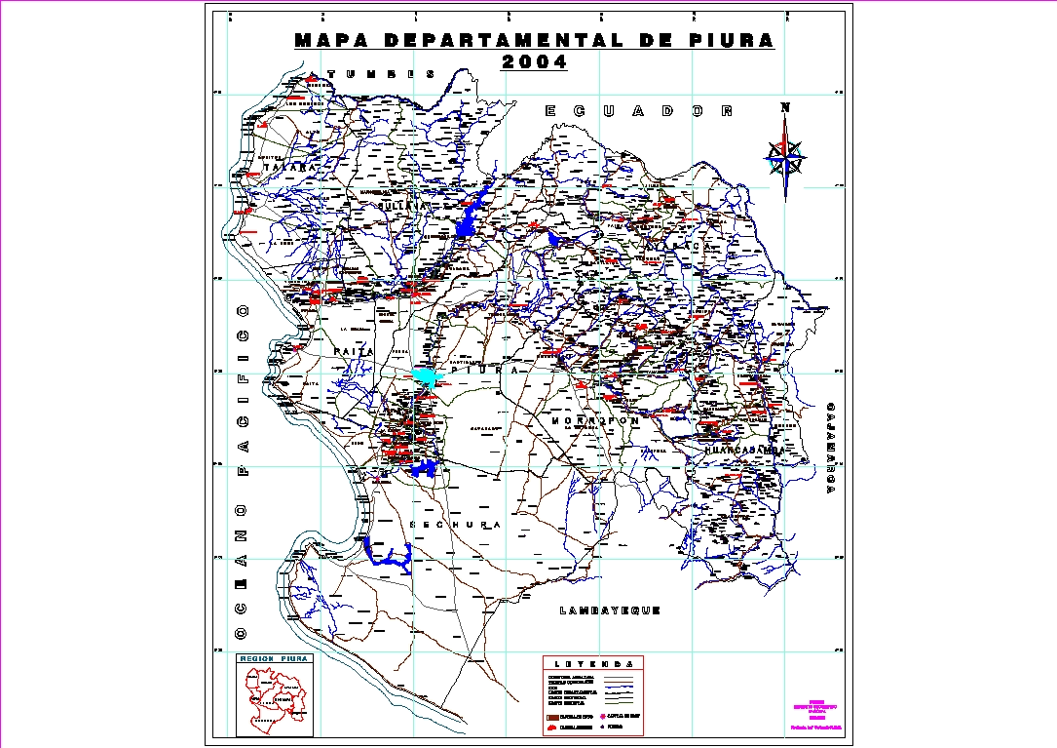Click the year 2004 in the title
[533, 62]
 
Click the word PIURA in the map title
[725, 41]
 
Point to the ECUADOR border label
[638, 111]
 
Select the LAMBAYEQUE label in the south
[611, 610]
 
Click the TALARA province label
[289, 167]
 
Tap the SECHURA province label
[457, 525]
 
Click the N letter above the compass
[785, 108]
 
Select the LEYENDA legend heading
[592, 663]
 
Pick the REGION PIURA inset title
[275, 660]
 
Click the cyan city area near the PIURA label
[426, 375]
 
